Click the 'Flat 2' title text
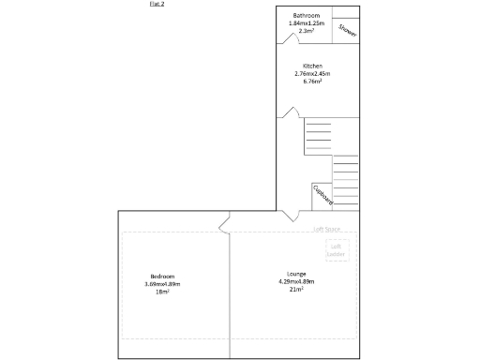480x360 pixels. pos(157,4)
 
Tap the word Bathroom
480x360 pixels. pos(307,16)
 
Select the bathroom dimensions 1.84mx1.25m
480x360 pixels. pos(307,23)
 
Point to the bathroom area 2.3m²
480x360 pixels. pos(307,31)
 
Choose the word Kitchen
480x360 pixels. pos(312,66)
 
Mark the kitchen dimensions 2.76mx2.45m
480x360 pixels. pos(312,73)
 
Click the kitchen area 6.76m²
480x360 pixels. pos(312,82)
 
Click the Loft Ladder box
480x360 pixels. pos(337,250)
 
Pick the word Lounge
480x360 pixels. pos(296,274)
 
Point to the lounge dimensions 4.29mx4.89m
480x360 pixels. pos(296,281)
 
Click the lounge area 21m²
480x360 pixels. pos(296,290)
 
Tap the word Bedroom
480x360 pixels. pos(162,276)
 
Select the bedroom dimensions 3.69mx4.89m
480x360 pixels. pos(162,284)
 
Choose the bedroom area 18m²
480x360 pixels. pos(162,292)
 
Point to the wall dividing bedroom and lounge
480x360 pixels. pos(230,300)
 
